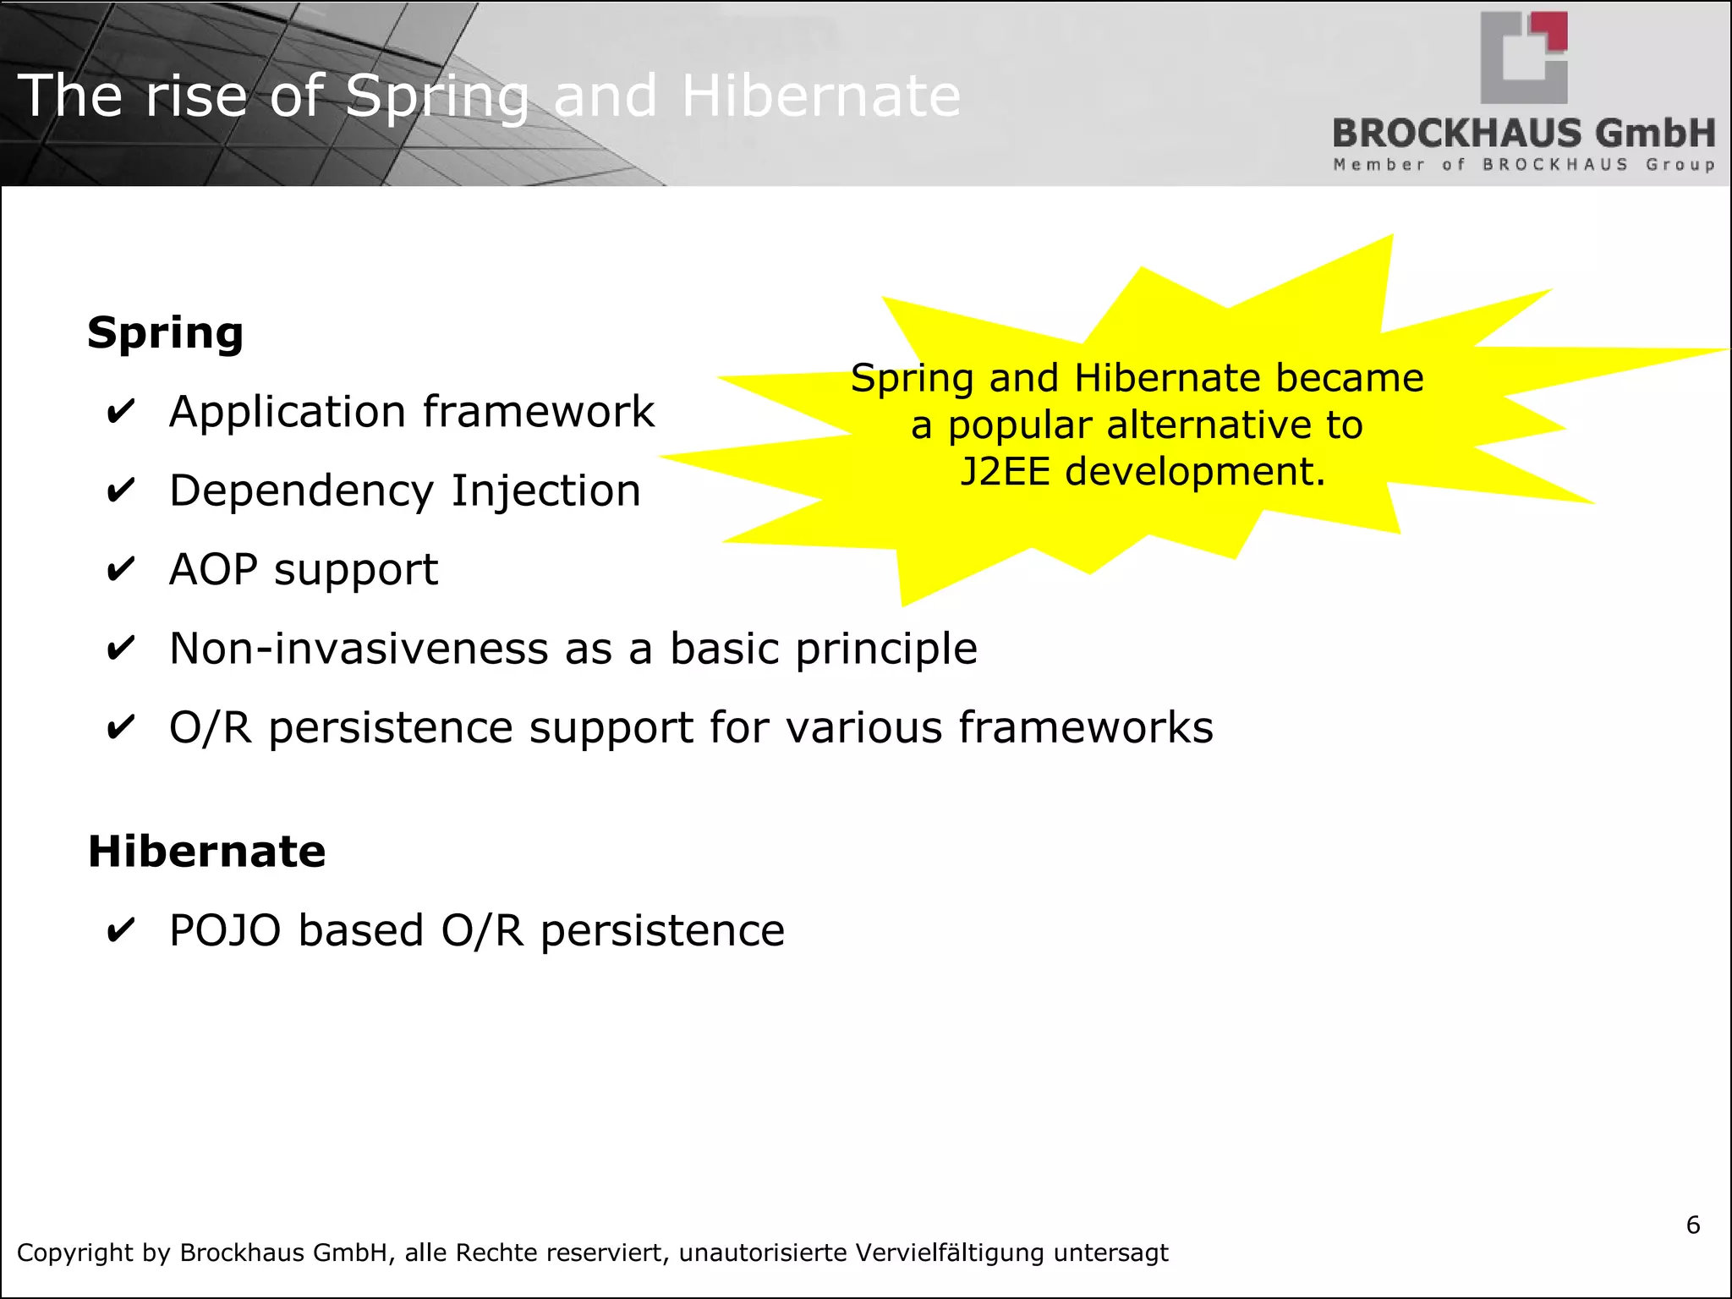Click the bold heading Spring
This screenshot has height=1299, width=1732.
pyautogui.click(x=165, y=333)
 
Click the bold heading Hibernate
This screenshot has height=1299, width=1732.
pyautogui.click(x=206, y=852)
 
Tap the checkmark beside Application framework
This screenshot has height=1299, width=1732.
pyautogui.click(x=121, y=413)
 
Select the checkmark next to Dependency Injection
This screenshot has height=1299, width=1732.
pyautogui.click(x=121, y=491)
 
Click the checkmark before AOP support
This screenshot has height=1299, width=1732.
pyautogui.click(x=121, y=570)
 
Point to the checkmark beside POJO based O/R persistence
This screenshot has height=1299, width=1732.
pyautogui.click(x=121, y=931)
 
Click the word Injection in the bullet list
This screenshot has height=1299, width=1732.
pyautogui.click(x=545, y=491)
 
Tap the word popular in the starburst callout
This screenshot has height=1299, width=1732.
pyautogui.click(x=1019, y=425)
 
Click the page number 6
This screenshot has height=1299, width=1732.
pyautogui.click(x=1692, y=1225)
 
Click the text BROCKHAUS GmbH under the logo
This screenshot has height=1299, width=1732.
pyautogui.click(x=1523, y=134)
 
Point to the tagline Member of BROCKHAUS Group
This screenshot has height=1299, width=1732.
pyautogui.click(x=1523, y=165)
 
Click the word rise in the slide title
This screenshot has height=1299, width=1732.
pyautogui.click(x=196, y=96)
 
